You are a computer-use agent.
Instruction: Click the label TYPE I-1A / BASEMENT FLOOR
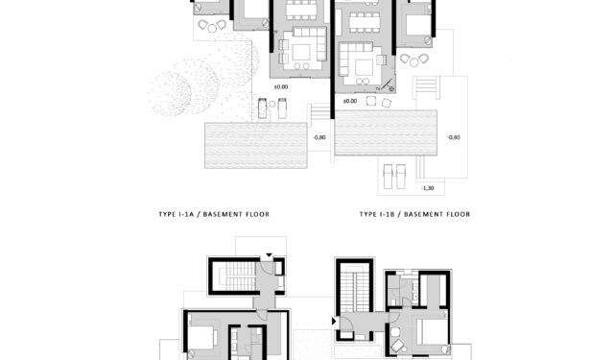(x=214, y=214)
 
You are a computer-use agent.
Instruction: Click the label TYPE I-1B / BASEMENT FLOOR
(x=414, y=214)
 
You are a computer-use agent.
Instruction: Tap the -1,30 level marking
(x=428, y=188)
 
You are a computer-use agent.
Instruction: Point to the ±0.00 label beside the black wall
(x=350, y=101)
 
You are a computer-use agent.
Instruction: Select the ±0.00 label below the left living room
(x=281, y=86)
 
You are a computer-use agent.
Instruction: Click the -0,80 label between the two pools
(x=319, y=137)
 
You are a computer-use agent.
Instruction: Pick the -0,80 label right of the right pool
(x=454, y=137)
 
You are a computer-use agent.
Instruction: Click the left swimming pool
(x=256, y=145)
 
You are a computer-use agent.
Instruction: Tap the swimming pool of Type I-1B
(x=386, y=132)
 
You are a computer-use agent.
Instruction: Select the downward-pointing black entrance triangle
(x=269, y=255)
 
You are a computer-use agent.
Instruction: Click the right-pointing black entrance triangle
(x=334, y=322)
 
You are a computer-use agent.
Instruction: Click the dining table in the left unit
(x=301, y=10)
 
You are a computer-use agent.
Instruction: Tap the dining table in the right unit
(x=365, y=22)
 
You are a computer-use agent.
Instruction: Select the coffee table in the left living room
(x=301, y=53)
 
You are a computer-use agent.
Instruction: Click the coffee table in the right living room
(x=364, y=67)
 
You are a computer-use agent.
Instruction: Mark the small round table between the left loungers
(x=272, y=104)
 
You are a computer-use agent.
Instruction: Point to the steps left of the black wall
(x=319, y=109)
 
